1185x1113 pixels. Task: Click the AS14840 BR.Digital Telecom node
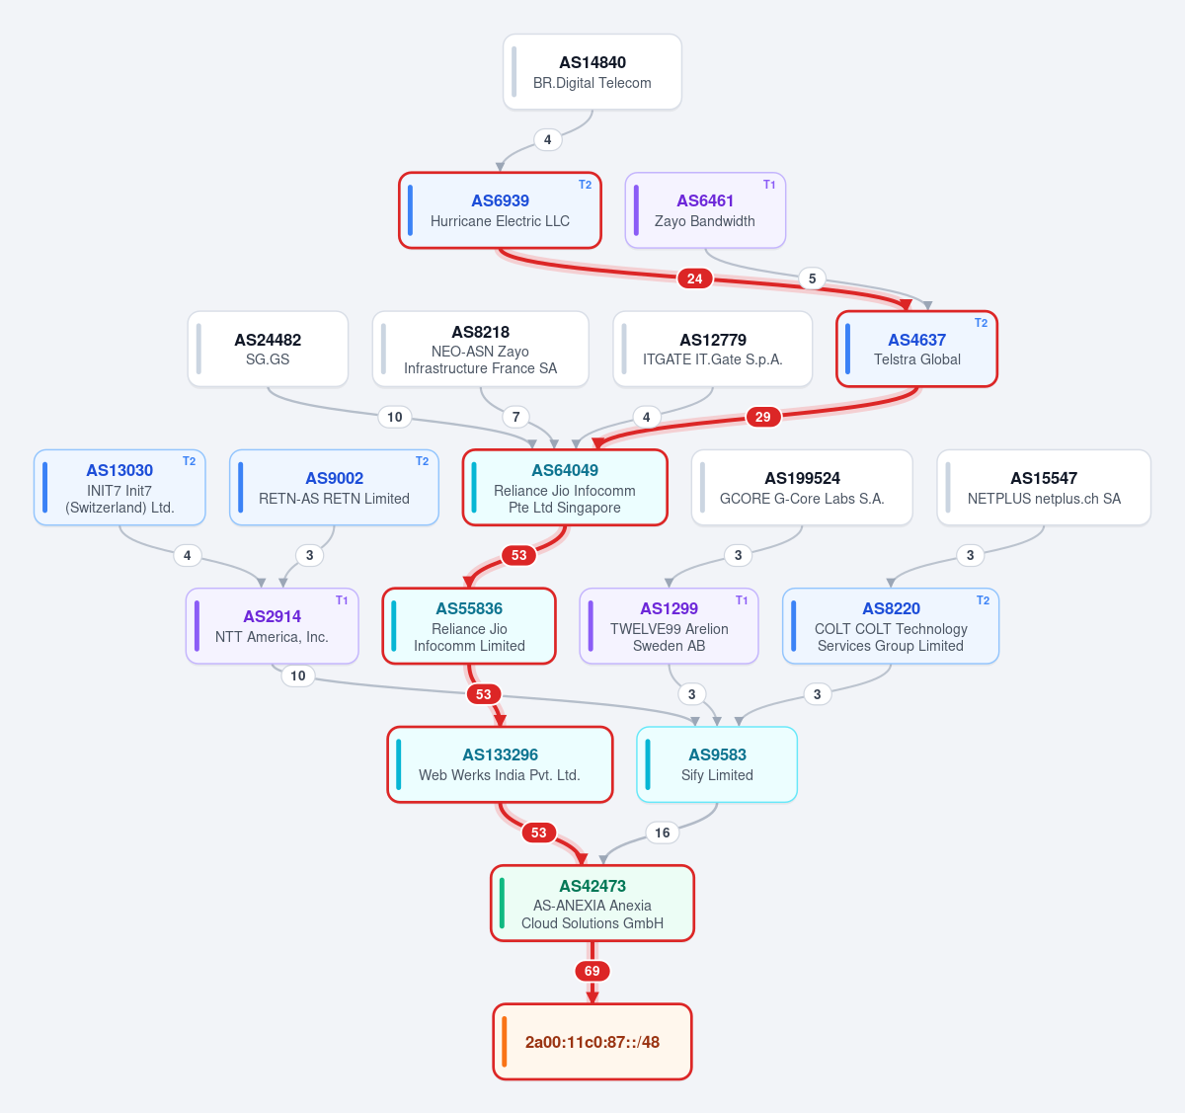tap(592, 72)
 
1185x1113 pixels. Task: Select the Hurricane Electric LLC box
tap(500, 210)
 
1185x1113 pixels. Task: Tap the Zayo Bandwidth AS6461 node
tap(705, 210)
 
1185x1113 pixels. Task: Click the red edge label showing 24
tap(694, 278)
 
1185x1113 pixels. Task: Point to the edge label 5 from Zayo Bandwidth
tap(812, 278)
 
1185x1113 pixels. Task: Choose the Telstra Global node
tap(917, 350)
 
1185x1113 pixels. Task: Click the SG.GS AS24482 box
tap(268, 350)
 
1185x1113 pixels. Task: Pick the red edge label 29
tap(763, 417)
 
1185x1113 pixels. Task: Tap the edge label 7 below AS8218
tap(516, 417)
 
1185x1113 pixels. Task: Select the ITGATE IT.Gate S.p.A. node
tap(713, 350)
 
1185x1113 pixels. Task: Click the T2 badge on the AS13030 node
tap(190, 461)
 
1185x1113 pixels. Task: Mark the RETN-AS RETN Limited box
tap(334, 488)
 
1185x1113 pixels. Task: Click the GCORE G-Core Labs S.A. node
tap(802, 488)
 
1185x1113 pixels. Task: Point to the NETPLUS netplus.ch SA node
tap(1044, 488)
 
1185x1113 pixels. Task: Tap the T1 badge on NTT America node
tap(342, 600)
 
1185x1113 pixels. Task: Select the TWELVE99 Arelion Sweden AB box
tap(669, 626)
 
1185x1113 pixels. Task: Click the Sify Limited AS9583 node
tap(717, 764)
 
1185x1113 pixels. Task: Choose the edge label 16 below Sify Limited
tap(663, 834)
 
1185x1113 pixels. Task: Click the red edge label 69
tap(592, 972)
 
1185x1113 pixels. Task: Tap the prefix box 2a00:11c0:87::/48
tap(592, 1042)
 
